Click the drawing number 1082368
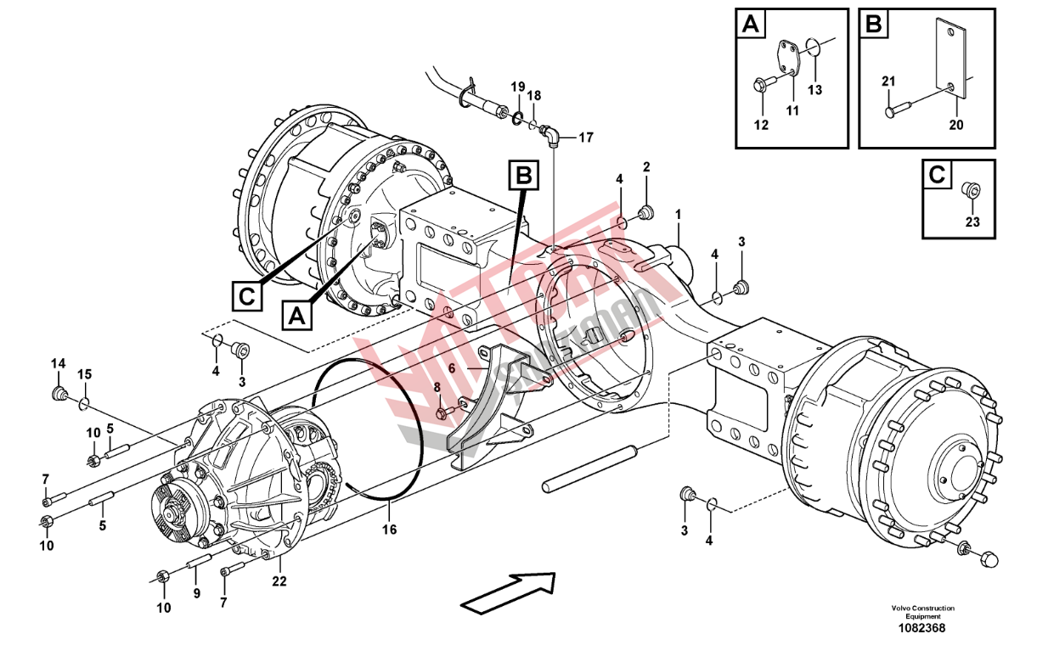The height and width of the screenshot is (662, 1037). [922, 629]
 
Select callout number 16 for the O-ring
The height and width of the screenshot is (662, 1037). [389, 530]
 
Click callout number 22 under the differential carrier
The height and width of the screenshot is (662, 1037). [279, 581]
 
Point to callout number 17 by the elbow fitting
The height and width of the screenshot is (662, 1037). [586, 137]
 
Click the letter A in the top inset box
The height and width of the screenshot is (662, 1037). [750, 25]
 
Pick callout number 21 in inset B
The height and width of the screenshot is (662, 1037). [888, 81]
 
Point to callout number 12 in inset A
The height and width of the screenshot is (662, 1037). [761, 126]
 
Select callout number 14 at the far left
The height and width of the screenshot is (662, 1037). [58, 364]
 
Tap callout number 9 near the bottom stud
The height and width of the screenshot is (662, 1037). [196, 593]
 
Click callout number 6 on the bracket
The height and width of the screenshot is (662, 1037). [452, 369]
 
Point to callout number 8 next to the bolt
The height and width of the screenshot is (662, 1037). [437, 388]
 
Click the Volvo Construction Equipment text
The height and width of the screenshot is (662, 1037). [922, 612]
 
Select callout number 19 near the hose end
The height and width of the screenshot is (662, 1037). [517, 87]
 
